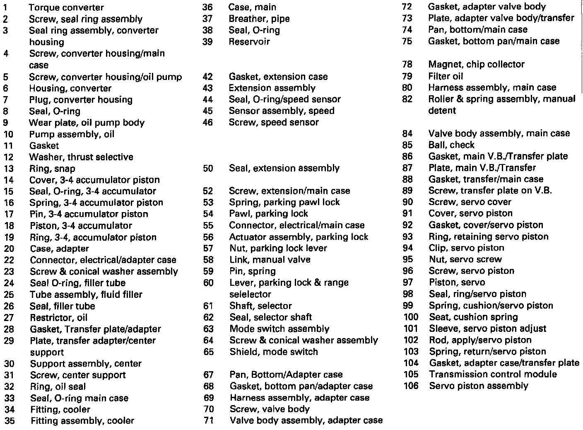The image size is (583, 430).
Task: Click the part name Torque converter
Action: (66, 7)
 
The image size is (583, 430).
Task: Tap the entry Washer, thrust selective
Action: (81, 157)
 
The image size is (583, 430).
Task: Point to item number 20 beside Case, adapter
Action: (9, 249)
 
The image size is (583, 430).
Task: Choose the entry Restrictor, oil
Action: (59, 318)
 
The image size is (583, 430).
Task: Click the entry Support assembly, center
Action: (86, 364)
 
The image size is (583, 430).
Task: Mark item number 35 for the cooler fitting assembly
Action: (10, 421)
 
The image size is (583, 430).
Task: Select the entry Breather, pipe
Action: (259, 19)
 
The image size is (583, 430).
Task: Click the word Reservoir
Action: (249, 41)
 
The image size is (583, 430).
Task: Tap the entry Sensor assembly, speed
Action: (282, 111)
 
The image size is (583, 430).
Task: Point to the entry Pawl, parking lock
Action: (269, 214)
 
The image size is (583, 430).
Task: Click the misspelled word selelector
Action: (251, 295)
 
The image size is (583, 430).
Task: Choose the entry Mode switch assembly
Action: (279, 329)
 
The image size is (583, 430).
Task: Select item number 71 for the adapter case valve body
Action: (209, 420)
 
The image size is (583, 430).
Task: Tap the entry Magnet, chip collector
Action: (476, 64)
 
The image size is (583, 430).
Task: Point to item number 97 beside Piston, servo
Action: (408, 283)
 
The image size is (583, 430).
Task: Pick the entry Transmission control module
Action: (493, 374)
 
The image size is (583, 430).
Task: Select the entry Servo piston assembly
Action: (479, 386)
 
